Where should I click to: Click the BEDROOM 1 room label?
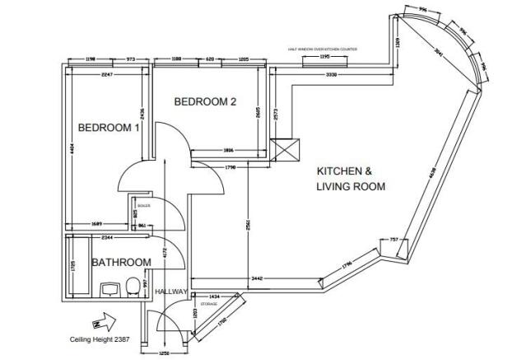click(109, 128)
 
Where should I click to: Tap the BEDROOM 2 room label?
click(205, 102)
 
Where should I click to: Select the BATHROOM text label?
click(121, 263)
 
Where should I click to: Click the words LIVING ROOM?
click(352, 187)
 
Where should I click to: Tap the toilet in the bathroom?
click(133, 286)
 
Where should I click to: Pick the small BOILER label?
click(143, 204)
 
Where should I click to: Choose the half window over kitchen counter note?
click(324, 49)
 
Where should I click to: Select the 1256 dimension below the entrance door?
click(164, 353)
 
